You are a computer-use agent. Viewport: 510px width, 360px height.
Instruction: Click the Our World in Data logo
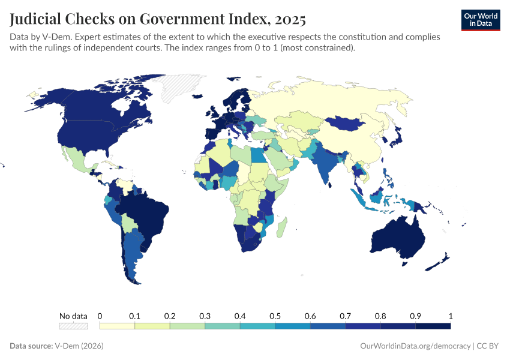click(480, 19)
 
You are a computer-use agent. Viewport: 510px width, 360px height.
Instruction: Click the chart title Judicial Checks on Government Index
click(158, 19)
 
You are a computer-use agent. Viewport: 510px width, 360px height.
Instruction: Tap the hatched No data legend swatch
click(73, 326)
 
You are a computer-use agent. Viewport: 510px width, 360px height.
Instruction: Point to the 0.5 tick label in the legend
click(275, 316)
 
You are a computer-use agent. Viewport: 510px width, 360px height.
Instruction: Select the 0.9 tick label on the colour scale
click(415, 316)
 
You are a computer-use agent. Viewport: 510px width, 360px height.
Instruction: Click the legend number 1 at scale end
click(450, 316)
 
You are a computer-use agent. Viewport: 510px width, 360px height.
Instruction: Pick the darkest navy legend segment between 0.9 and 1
click(433, 326)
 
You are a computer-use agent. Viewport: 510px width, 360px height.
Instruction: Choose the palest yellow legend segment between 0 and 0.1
click(117, 326)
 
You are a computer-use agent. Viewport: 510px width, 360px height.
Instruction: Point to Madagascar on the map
click(283, 226)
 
